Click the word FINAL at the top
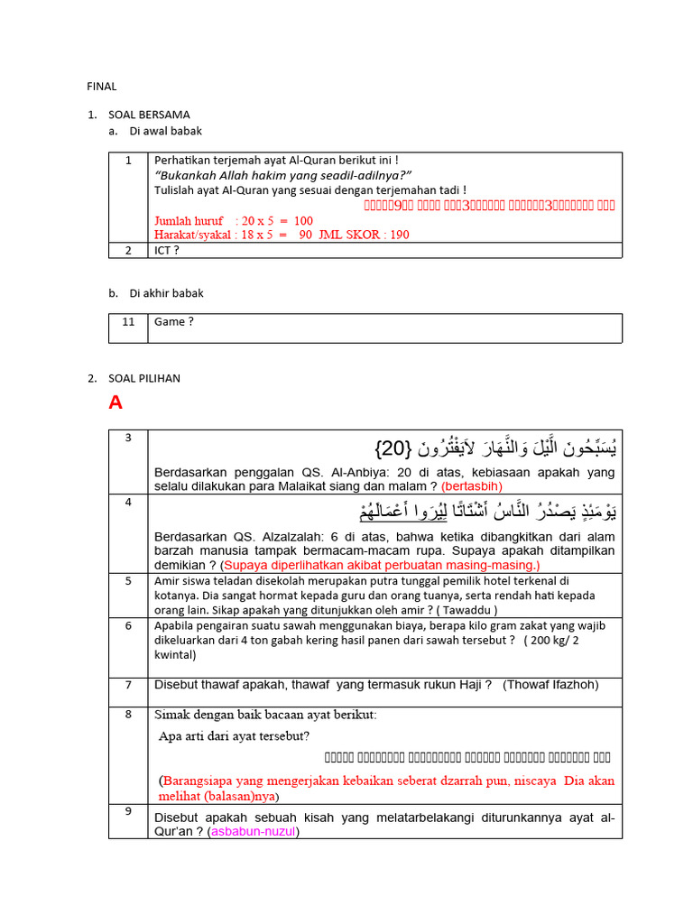(x=101, y=87)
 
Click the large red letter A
(x=115, y=403)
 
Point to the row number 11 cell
(x=128, y=321)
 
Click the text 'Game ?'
(x=174, y=321)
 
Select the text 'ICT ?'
(x=167, y=250)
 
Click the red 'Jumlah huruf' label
(x=189, y=220)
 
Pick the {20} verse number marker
(x=393, y=448)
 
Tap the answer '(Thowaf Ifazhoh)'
(x=550, y=685)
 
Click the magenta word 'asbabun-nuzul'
(x=253, y=831)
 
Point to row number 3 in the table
(x=128, y=438)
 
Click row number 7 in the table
(x=128, y=685)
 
